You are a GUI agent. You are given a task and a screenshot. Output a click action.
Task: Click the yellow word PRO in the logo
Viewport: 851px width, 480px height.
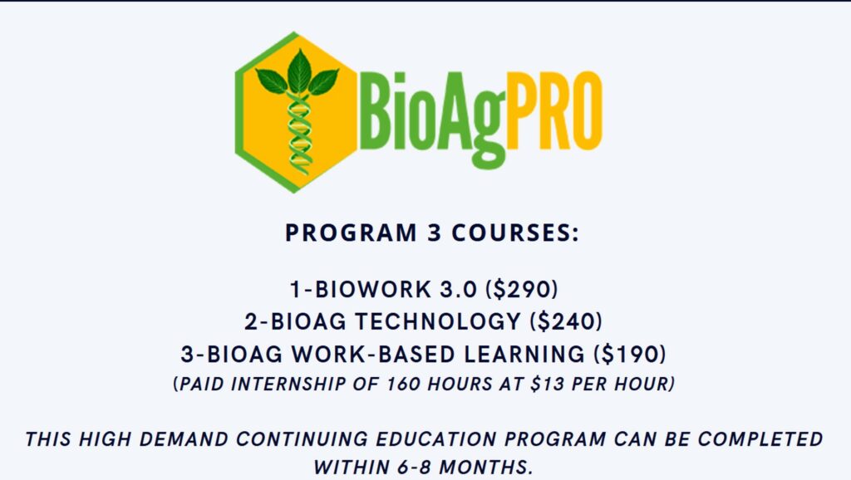(554, 110)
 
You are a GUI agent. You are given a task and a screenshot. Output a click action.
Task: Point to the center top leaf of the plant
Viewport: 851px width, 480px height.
(299, 71)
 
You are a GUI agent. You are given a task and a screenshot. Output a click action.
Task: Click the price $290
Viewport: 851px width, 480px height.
(522, 289)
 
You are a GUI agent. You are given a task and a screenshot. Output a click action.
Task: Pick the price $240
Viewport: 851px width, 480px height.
(566, 321)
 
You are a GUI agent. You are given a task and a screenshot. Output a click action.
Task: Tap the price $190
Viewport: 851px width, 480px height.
(630, 354)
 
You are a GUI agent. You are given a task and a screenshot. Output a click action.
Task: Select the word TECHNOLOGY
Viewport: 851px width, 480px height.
(439, 321)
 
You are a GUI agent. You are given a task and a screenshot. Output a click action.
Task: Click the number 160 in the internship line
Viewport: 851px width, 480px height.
(403, 384)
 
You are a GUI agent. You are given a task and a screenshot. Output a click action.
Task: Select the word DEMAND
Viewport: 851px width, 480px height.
(183, 438)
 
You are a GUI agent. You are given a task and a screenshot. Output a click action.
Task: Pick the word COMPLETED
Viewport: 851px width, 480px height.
(760, 438)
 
